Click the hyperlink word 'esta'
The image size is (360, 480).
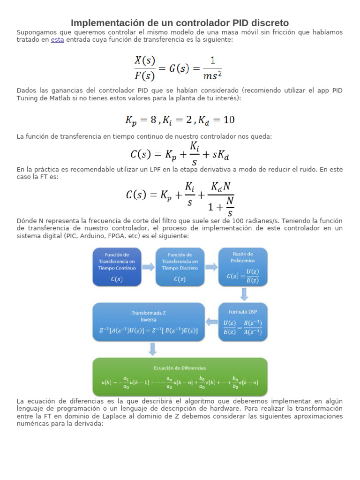57,40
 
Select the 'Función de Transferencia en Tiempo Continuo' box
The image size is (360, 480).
117,267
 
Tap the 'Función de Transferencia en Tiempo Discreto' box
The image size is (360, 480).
180,267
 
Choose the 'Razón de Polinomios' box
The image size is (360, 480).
243,267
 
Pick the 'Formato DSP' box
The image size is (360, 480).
243,321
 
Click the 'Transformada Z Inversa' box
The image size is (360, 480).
149,321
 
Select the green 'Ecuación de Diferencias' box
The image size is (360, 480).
180,376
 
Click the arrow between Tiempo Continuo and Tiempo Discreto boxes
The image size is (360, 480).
148,267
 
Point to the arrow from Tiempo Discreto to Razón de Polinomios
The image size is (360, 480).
211,267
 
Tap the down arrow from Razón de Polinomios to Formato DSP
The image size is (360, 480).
244,294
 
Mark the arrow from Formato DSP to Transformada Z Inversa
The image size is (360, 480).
212,322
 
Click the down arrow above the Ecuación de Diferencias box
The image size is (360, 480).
153,349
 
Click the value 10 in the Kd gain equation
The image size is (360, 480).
229,120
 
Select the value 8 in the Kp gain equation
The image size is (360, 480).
153,120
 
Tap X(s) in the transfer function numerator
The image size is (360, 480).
145,60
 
